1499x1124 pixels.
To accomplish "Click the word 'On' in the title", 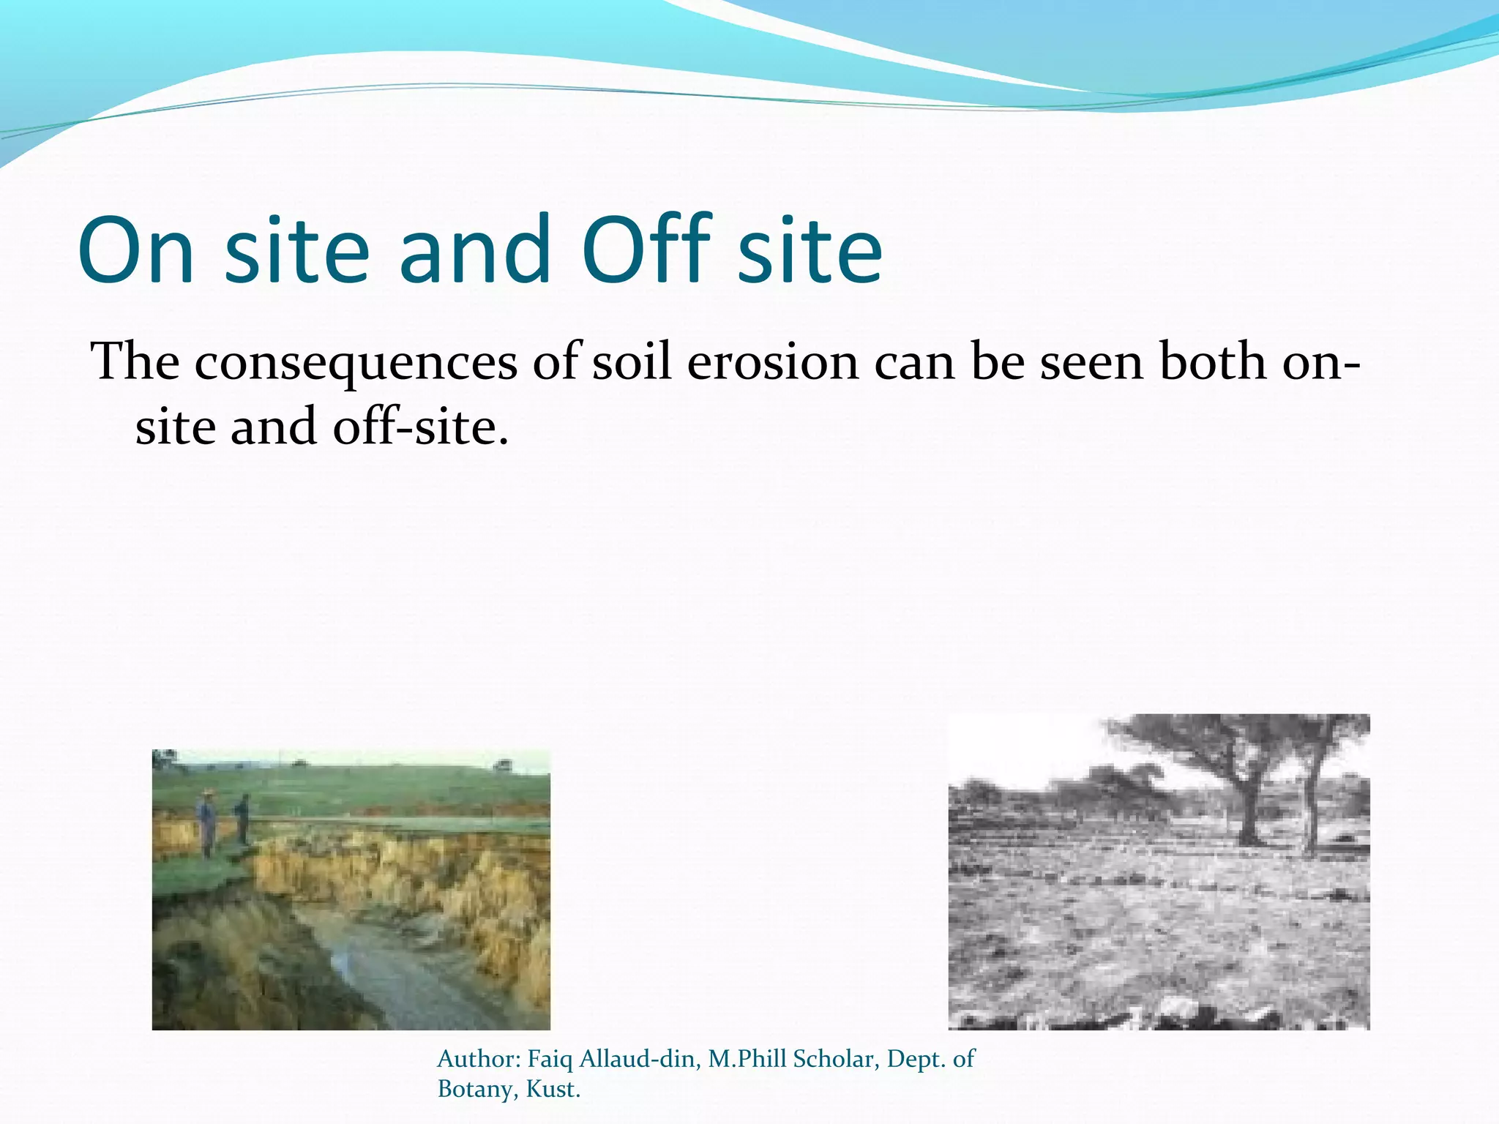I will tap(136, 250).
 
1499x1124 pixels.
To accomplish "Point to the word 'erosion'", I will tap(773, 362).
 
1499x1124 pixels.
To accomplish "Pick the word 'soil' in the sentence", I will tap(631, 362).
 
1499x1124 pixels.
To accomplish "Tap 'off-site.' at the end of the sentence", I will tap(420, 427).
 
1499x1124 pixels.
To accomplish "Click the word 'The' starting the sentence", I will tap(135, 362).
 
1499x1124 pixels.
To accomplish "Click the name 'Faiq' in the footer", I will tap(550, 1059).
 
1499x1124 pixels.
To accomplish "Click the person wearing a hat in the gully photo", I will tap(207, 823).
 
